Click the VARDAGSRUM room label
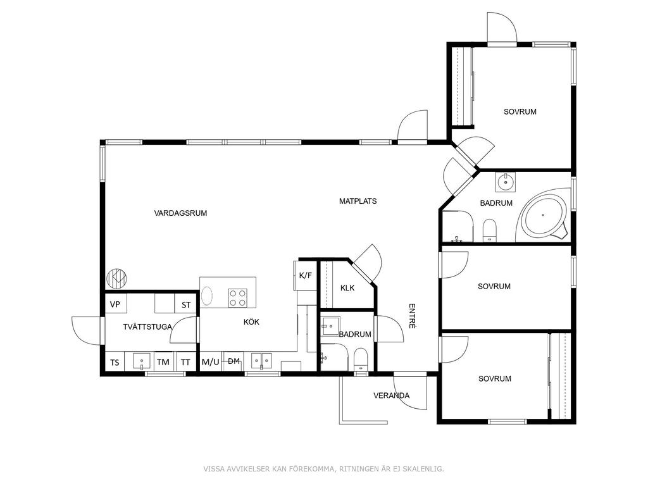(x=180, y=213)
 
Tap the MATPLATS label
(x=358, y=201)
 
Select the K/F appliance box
(x=306, y=275)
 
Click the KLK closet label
(x=347, y=288)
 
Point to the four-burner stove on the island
(x=238, y=298)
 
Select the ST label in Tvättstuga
(x=186, y=305)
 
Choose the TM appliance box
(x=164, y=361)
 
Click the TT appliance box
(x=186, y=361)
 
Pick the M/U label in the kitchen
(x=210, y=362)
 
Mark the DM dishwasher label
(x=234, y=361)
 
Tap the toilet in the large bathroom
(x=490, y=230)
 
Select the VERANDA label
(x=391, y=396)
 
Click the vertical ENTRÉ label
(x=412, y=316)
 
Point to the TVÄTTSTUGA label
(x=147, y=327)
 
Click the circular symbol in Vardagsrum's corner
(x=117, y=279)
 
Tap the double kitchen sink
(x=262, y=361)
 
